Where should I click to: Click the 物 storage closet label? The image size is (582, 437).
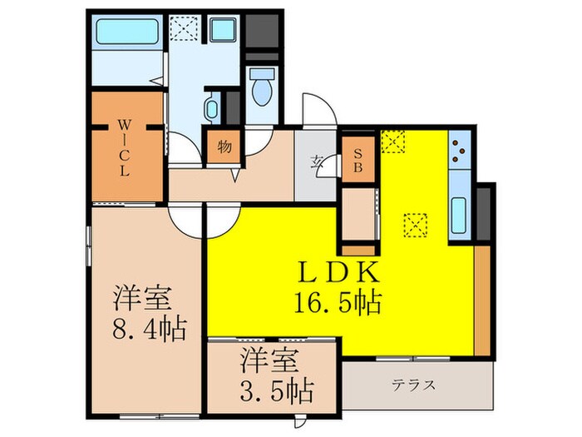point(224,147)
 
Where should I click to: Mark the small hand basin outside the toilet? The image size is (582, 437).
point(211,109)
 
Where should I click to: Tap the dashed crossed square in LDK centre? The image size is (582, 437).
point(413,225)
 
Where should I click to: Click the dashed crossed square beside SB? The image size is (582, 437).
point(392,142)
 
